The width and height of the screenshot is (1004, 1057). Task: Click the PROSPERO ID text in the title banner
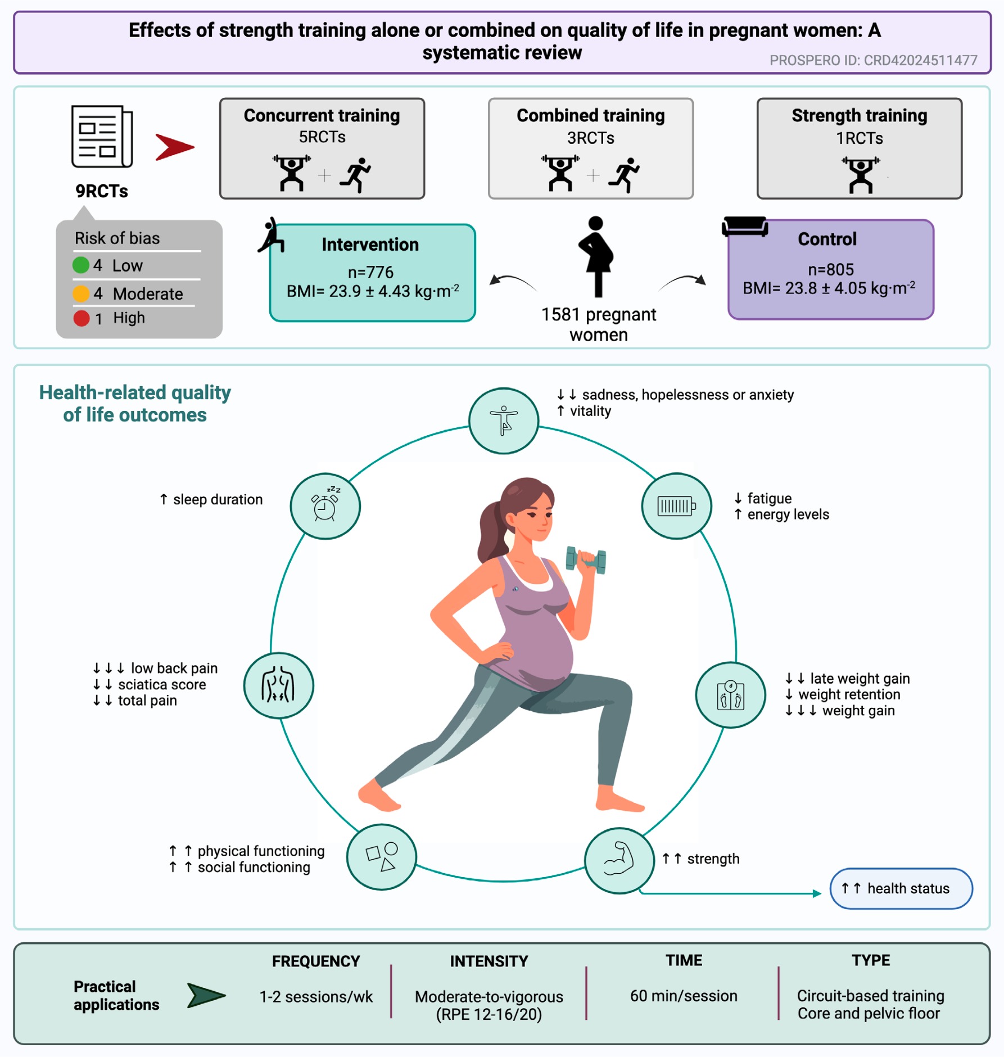click(873, 60)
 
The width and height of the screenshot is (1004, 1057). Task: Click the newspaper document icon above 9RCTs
click(102, 137)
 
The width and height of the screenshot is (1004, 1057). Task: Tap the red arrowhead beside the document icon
click(175, 147)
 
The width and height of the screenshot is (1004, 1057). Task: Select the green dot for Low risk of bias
click(81, 265)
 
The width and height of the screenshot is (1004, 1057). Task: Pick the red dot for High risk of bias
click(82, 318)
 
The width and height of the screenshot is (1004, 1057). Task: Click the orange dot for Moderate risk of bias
click(81, 293)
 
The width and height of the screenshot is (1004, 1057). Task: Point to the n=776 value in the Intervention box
click(370, 272)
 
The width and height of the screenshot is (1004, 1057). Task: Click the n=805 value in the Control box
click(831, 270)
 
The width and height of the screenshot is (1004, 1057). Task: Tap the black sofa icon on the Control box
click(745, 226)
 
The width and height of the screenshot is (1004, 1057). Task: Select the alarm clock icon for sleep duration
click(325, 504)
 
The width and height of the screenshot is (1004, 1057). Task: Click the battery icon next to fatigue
click(677, 506)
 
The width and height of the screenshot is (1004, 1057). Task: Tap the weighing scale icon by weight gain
click(731, 695)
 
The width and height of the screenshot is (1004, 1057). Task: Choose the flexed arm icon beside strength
click(619, 859)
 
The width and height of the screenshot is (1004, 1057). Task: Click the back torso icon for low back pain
click(278, 685)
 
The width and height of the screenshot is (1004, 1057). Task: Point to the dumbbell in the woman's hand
click(586, 560)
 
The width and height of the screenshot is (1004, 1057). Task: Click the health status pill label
click(901, 888)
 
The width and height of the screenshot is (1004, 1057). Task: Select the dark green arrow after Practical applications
click(206, 996)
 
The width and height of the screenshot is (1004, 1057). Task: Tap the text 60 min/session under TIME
click(684, 996)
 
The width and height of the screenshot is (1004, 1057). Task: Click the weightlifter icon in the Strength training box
click(861, 175)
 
